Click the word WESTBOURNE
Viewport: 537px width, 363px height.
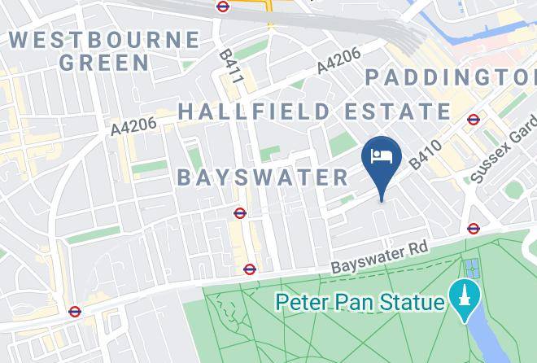tap(105, 39)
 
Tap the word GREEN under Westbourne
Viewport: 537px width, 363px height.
tap(105, 62)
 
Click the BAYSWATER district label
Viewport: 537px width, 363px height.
tap(263, 177)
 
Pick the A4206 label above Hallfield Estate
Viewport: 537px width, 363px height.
tap(338, 62)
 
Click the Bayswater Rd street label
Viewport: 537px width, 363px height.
tap(379, 257)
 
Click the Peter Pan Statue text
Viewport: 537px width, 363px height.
tap(360, 302)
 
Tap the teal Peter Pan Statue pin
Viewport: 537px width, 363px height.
tap(465, 300)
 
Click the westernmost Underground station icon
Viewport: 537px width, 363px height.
tap(75, 311)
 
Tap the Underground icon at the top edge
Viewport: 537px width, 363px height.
tap(223, 6)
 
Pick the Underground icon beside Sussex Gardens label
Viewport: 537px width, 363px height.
tap(474, 120)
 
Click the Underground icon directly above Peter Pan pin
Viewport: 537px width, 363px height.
tap(474, 229)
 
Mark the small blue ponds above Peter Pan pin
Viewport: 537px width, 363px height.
tap(471, 267)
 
